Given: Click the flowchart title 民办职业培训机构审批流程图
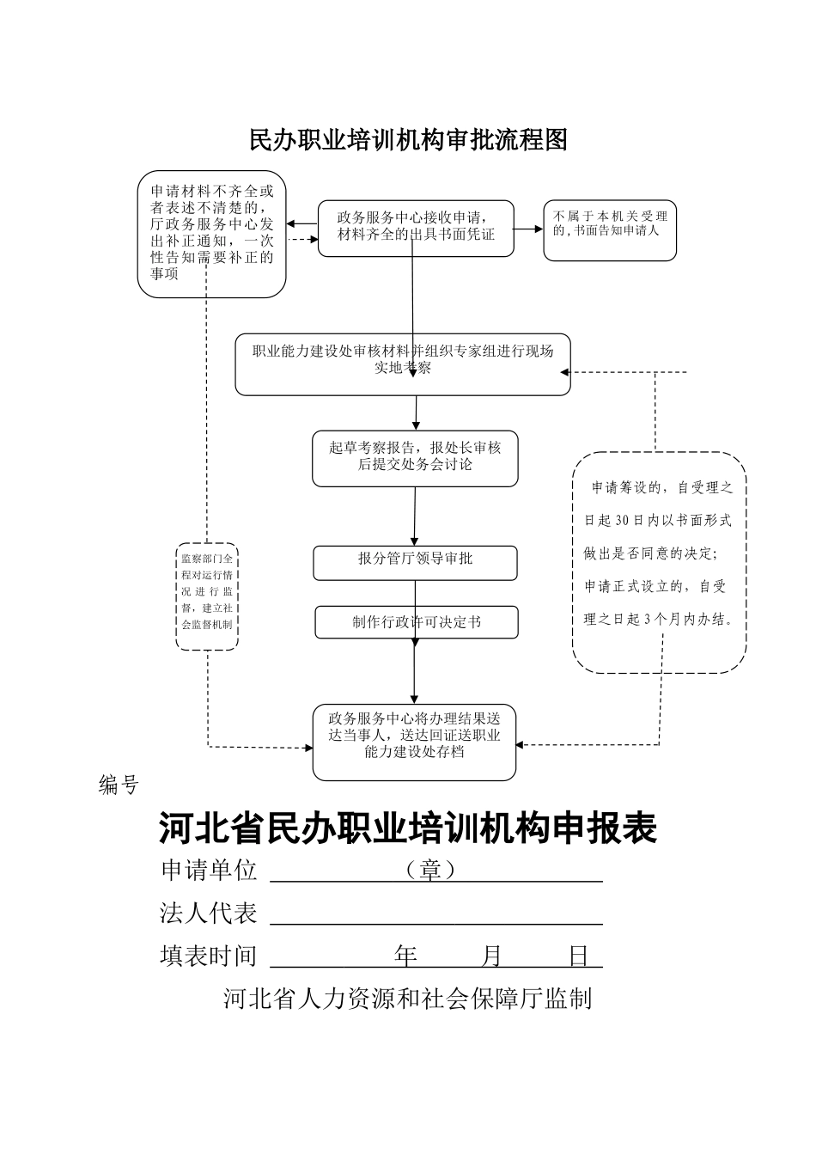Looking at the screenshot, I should coord(408,140).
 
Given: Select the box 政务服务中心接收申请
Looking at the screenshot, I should coord(416,228).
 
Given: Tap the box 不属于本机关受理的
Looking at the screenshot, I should coord(610,229).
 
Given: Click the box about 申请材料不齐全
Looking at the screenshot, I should coord(211,234).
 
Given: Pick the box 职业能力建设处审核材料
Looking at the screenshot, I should coord(403,364).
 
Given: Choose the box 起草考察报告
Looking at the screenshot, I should coord(415,458).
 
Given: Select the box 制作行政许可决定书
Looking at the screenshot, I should coord(417,622).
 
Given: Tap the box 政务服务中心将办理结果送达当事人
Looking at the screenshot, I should coord(414,742).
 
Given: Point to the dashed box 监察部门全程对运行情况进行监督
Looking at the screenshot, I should coord(207,596).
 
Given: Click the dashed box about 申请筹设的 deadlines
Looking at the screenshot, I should coord(659,561).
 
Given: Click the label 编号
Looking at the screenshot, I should coord(119,785).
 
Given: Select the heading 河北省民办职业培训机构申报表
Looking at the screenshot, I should coord(408,829).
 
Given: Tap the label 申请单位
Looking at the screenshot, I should coord(209,871).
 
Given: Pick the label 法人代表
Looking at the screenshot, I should coord(209,913).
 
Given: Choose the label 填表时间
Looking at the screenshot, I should coord(209,956).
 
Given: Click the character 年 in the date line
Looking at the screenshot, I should coord(405,956).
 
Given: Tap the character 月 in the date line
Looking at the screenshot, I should coord(492,956).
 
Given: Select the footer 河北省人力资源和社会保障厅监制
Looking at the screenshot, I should coord(408,999).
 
